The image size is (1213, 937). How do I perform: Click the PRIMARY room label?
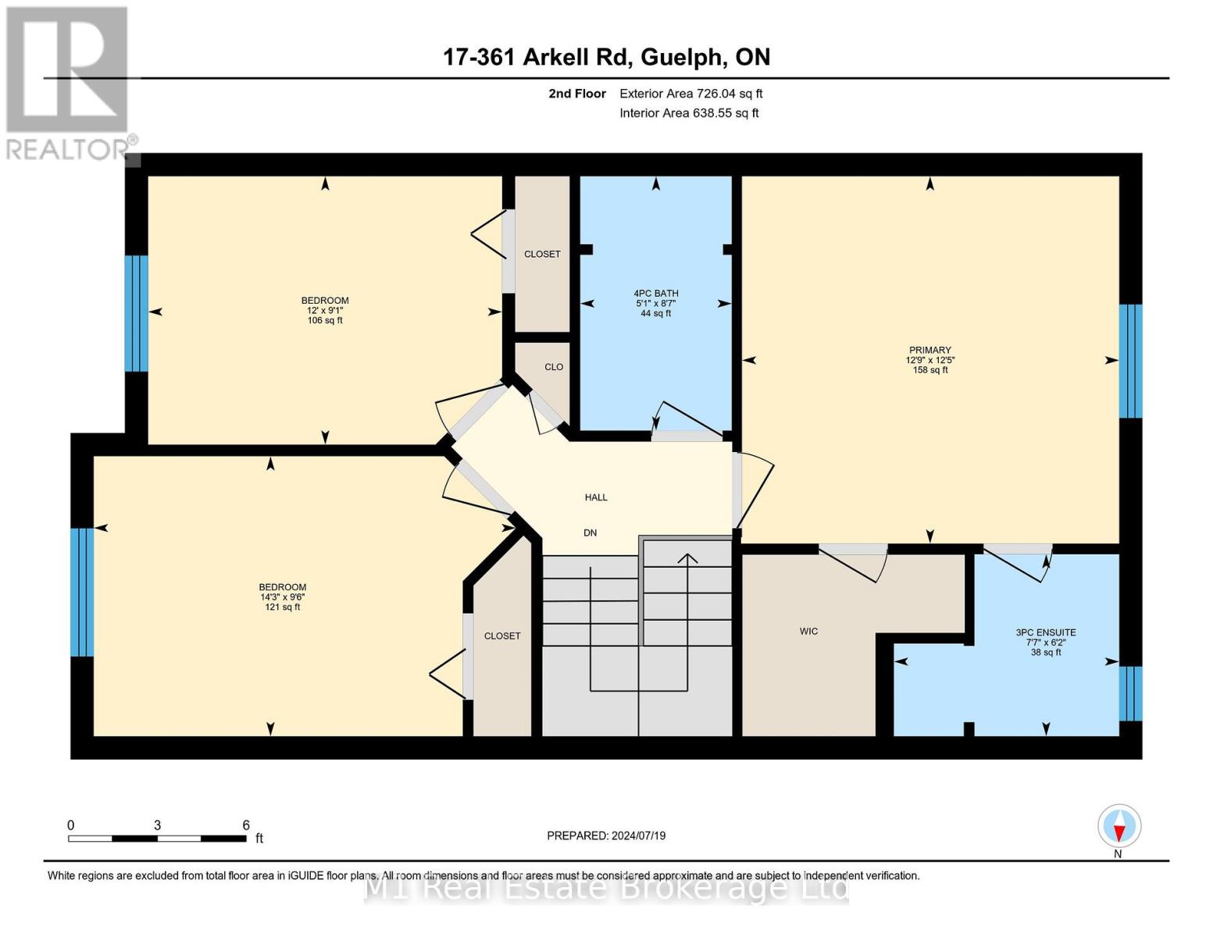[929, 351]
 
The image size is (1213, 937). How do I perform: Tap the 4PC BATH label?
[655, 294]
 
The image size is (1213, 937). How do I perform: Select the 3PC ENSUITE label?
[1045, 632]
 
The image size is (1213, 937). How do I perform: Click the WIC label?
[808, 631]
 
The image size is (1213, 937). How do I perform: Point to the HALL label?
[596, 497]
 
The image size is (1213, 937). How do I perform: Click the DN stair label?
[590, 533]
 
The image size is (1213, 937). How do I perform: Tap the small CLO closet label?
[554, 367]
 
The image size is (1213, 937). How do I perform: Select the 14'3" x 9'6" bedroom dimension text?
[282, 597]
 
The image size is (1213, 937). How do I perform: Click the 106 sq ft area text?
[325, 320]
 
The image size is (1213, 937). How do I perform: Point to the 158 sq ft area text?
[929, 370]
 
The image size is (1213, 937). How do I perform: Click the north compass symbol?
[1119, 826]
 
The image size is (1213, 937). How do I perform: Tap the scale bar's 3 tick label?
[158, 825]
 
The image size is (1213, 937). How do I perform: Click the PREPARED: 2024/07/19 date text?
[606, 835]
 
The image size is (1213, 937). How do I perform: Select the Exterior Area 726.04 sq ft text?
[690, 94]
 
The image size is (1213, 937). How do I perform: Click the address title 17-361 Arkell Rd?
[606, 57]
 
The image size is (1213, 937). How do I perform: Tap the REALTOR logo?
[69, 82]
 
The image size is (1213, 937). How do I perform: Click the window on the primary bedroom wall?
[1130, 361]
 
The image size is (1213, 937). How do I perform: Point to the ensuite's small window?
[1130, 693]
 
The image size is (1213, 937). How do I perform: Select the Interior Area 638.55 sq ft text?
[689, 113]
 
